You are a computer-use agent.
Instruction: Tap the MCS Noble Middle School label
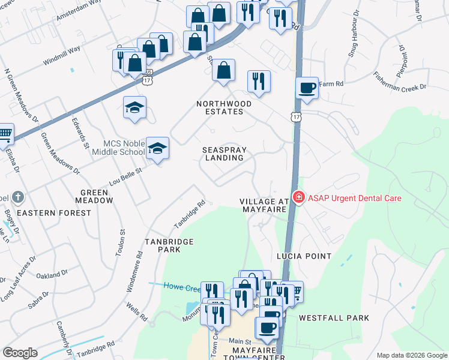pyautogui.click(x=115, y=148)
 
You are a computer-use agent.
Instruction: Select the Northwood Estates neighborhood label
pyautogui.click(x=224, y=107)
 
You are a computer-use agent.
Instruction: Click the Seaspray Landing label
pyautogui.click(x=224, y=153)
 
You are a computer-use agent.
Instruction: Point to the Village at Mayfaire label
pyautogui.click(x=265, y=205)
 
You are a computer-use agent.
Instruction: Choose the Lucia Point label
pyautogui.click(x=304, y=256)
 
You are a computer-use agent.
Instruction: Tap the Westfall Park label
pyautogui.click(x=334, y=317)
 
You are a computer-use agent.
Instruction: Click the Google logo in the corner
pyautogui.click(x=20, y=353)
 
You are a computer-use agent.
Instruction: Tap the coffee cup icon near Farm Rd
pyautogui.click(x=307, y=88)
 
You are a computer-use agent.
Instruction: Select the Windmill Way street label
pyautogui.click(x=61, y=55)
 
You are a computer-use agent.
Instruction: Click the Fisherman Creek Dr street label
pyautogui.click(x=391, y=80)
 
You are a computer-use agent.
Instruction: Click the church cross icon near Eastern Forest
pyautogui.click(x=19, y=197)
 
